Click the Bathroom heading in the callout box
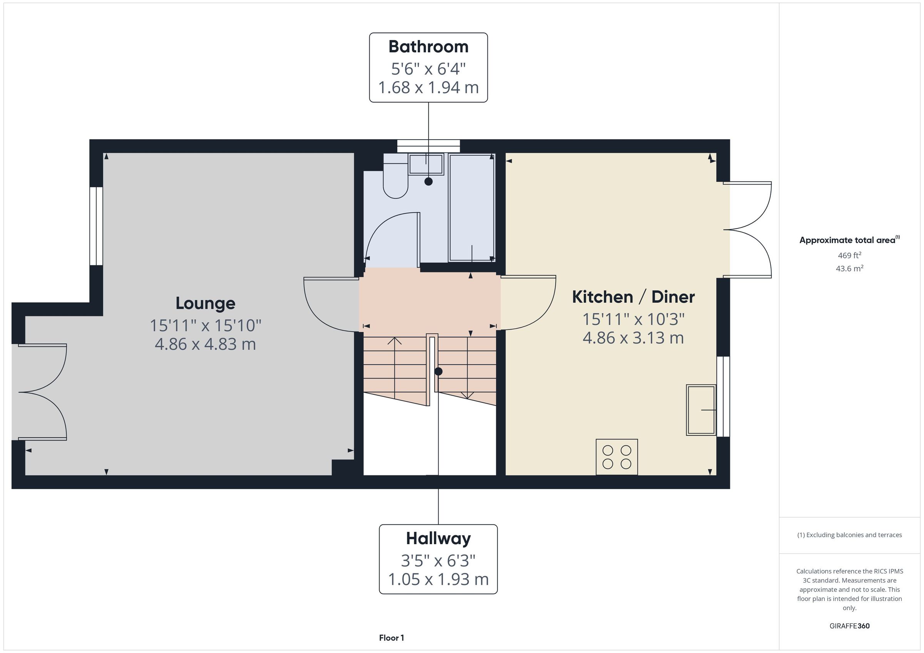[428, 47]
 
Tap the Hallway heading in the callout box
[438, 538]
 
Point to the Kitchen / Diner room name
[633, 297]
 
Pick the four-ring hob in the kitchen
[616, 457]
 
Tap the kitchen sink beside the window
[701, 410]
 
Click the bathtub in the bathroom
[472, 208]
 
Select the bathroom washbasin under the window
[426, 164]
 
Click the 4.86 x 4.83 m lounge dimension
[205, 344]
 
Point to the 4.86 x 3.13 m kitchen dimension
[633, 338]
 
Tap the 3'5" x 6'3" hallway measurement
[438, 560]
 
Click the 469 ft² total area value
[850, 255]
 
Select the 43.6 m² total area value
[850, 268]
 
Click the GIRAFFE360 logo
[850, 626]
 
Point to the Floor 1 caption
[391, 638]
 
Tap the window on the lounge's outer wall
[96, 226]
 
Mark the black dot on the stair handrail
[438, 371]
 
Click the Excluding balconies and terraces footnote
[850, 535]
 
